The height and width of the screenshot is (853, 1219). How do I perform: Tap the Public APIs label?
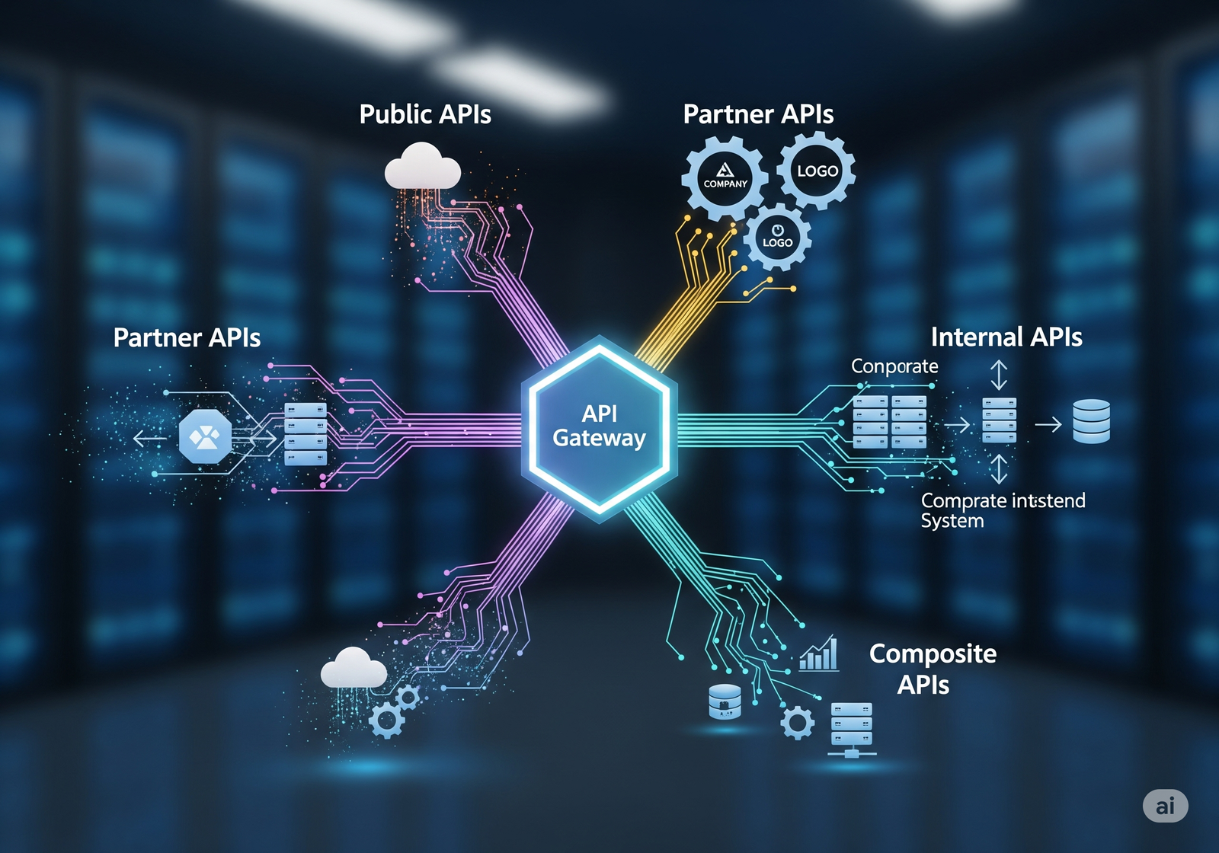tap(425, 114)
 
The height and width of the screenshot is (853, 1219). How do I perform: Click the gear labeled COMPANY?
tap(725, 178)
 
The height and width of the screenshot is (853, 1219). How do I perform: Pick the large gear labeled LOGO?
tap(817, 171)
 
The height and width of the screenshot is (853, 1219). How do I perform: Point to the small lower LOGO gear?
tap(777, 237)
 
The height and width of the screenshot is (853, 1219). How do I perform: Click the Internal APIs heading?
tap(1006, 337)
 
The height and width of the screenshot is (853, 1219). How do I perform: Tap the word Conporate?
tap(894, 366)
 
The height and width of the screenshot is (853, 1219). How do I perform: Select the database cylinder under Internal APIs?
tap(1091, 421)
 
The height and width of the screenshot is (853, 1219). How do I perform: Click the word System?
tap(952, 521)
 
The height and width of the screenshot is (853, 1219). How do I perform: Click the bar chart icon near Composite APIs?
tap(819, 653)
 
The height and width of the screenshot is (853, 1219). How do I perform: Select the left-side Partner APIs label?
tap(187, 337)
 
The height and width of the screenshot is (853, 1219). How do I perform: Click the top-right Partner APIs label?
tap(758, 114)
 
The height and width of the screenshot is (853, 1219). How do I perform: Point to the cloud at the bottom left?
tap(354, 669)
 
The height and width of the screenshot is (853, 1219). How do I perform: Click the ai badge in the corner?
tap(1165, 806)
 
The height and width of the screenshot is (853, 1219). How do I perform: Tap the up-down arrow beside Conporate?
tap(998, 375)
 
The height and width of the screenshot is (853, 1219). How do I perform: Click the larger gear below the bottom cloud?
tap(386, 719)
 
